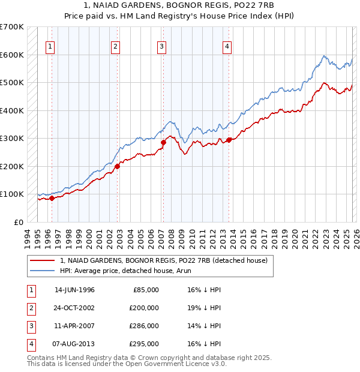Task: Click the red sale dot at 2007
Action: [x=163, y=142]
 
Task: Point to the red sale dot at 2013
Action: [x=229, y=140]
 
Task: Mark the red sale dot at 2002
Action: [x=118, y=166]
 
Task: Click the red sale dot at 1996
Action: [x=52, y=198]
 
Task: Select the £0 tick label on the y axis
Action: [x=19, y=222]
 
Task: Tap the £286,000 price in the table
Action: [x=145, y=327]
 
